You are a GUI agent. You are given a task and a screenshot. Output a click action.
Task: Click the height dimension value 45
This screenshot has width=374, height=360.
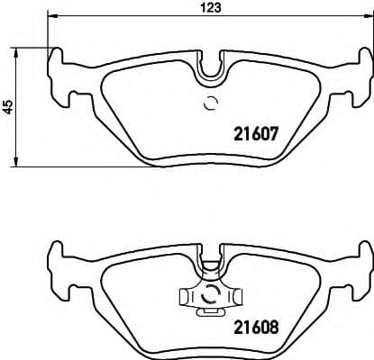point(8,106)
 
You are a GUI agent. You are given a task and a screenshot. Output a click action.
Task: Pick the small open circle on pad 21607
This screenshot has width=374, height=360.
point(212,102)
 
